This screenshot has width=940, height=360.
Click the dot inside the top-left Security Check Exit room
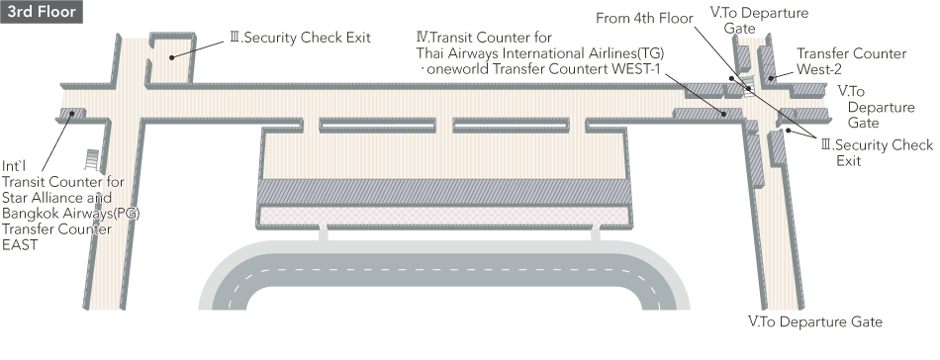[172, 56]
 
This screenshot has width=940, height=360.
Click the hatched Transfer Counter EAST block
[71, 115]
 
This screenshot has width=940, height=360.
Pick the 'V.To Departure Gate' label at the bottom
[814, 321]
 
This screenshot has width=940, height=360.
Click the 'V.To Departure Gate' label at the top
[759, 21]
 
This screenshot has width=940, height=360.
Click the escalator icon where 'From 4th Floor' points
[748, 84]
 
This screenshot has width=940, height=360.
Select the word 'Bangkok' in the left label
[30, 213]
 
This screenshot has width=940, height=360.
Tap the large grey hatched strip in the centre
[443, 191]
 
